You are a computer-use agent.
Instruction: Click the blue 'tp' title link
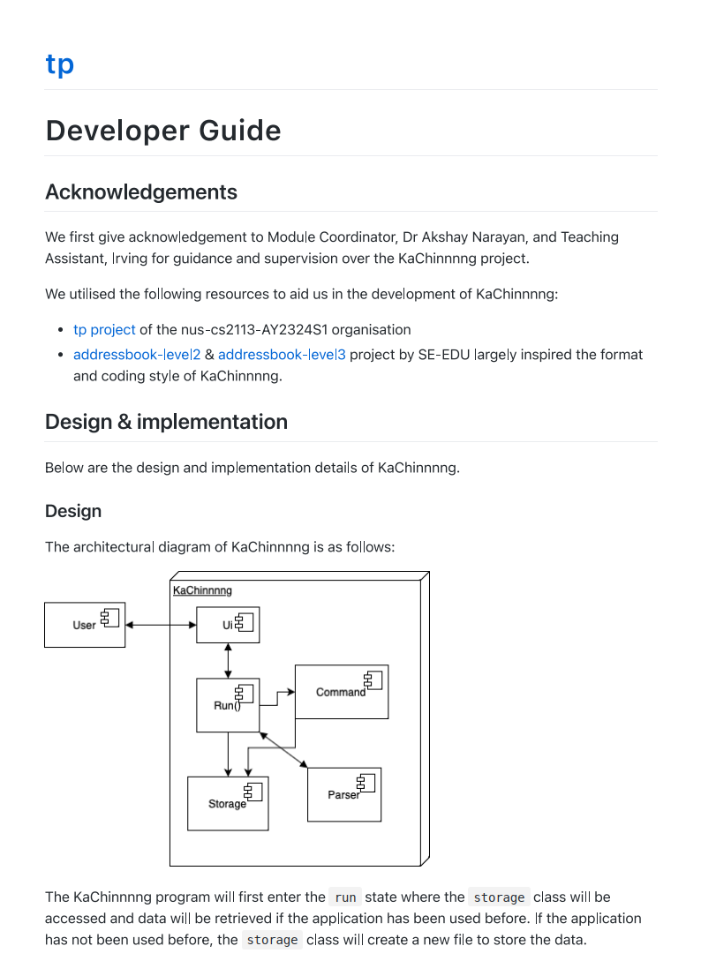(59, 64)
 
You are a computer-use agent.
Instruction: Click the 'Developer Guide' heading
(163, 131)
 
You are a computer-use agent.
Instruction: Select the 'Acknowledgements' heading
(141, 192)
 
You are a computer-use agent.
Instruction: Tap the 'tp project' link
(104, 329)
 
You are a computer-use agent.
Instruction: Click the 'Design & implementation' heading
(166, 422)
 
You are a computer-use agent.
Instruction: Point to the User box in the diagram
(85, 625)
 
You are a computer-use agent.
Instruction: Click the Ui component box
(227, 625)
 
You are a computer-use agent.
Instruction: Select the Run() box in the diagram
(227, 705)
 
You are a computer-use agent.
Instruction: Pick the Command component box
(341, 692)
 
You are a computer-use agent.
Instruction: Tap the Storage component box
(227, 803)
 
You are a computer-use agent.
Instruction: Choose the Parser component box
(343, 794)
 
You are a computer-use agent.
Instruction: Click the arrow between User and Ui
(161, 625)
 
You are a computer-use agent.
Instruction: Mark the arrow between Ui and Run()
(228, 661)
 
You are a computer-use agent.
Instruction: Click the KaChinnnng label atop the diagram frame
(202, 590)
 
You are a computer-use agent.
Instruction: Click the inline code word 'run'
(345, 897)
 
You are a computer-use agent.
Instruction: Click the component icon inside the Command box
(373, 679)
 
